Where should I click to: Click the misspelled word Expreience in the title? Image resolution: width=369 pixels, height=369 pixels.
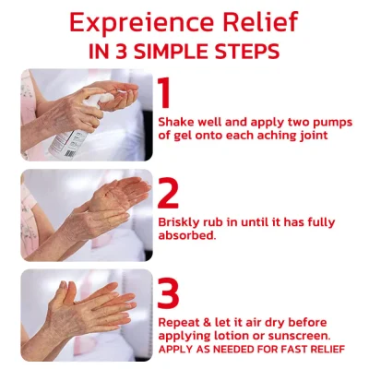[x=141, y=23]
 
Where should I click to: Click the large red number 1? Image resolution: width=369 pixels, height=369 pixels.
[x=164, y=92]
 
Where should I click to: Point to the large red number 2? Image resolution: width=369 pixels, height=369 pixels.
[x=168, y=193]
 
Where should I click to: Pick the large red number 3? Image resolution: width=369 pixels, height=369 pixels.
[x=168, y=293]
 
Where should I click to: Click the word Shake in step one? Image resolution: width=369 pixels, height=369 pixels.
[x=175, y=122]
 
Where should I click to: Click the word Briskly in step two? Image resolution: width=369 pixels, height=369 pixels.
[x=179, y=222]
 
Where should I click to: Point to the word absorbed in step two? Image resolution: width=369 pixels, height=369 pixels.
[x=185, y=235]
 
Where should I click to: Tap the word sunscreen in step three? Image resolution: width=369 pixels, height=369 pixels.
[x=299, y=337]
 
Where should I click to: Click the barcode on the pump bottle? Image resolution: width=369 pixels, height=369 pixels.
[x=70, y=153]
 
